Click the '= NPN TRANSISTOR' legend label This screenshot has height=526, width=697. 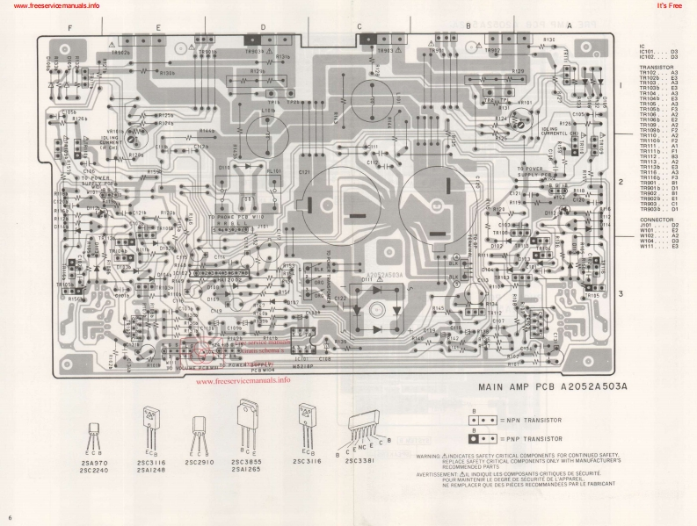click(528, 421)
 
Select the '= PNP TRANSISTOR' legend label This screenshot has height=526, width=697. click(528, 436)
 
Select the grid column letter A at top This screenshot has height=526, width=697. click(569, 26)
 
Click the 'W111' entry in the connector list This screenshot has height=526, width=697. click(651, 247)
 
